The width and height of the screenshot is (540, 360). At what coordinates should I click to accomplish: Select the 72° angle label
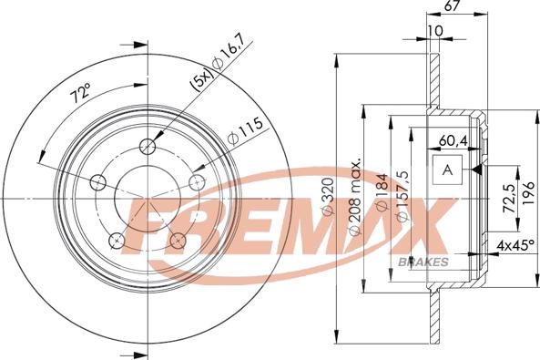coord(81,93)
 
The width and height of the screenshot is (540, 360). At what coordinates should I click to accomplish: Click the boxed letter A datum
coord(446,170)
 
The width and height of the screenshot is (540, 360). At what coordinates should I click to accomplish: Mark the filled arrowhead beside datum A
coord(476,170)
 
